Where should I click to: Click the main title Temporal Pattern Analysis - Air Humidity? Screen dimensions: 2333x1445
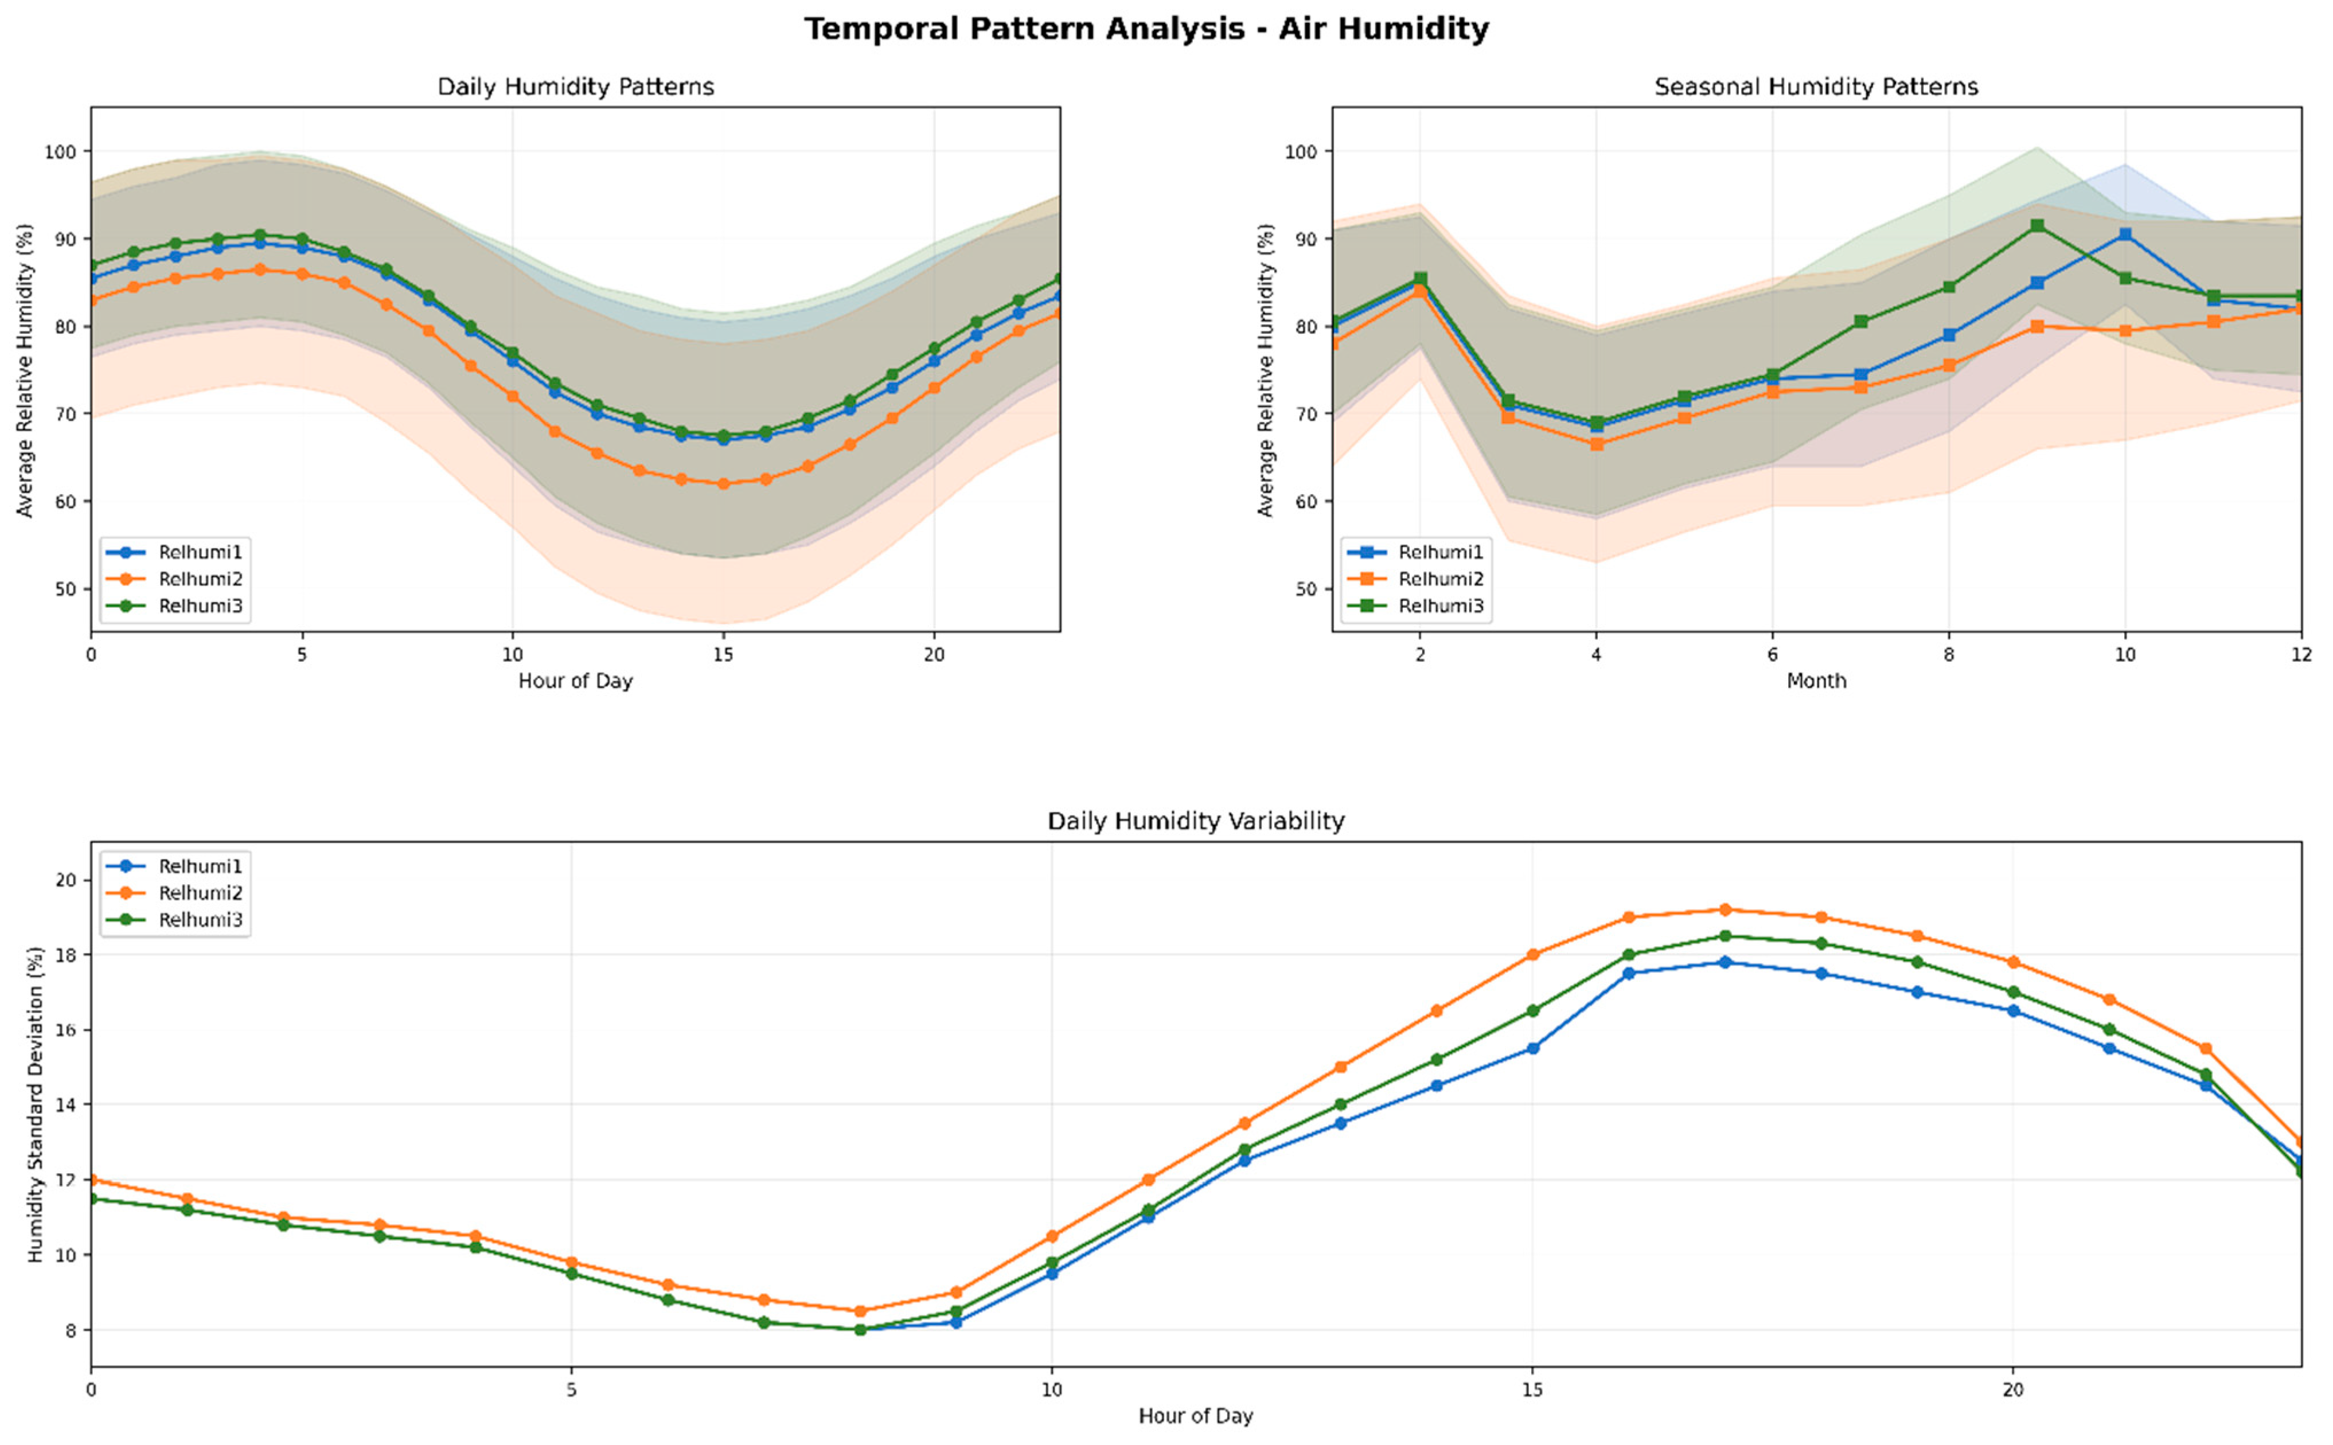[x=1146, y=29]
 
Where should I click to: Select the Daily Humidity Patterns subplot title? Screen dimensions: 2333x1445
[x=575, y=87]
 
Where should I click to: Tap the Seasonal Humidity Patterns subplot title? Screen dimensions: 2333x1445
[x=1816, y=87]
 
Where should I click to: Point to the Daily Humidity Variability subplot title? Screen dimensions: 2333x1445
[x=1196, y=821]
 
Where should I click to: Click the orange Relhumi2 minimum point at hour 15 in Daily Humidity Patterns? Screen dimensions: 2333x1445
[x=724, y=483]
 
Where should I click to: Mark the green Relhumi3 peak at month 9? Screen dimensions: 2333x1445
[x=2037, y=225]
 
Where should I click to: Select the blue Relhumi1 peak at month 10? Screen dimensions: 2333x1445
[x=2125, y=234]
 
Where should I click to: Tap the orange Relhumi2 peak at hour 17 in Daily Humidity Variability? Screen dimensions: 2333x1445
[x=1725, y=910]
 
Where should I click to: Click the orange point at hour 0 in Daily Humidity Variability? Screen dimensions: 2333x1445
[x=92, y=1180]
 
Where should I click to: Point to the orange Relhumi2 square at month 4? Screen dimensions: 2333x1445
[x=1596, y=444]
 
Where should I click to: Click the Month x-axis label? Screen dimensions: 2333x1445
[x=1816, y=681]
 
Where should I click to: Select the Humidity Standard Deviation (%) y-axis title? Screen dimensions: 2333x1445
[x=36, y=1105]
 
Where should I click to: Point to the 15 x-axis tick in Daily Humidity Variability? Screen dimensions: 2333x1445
[x=1532, y=1389]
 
